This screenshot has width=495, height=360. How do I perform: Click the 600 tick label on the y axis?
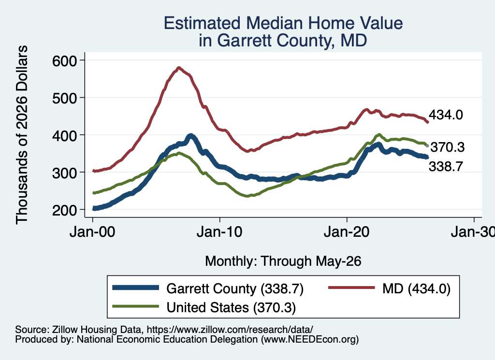pos(64,60)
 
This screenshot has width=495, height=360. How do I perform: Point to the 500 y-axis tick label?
pos(64,98)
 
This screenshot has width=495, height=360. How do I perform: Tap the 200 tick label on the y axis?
pos(64,210)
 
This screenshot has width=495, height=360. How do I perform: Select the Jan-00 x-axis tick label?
pos(92,232)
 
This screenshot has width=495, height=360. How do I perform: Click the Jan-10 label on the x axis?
pos(219,232)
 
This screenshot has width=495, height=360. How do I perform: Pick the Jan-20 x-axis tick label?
pos(347,232)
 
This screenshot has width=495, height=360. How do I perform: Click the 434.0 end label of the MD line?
pos(446,115)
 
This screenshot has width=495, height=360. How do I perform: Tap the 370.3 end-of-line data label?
pos(448,147)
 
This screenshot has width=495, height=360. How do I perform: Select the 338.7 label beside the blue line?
pos(446,166)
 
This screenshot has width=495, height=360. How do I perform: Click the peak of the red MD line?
pos(179,68)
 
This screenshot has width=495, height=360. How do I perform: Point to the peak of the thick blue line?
pos(190,136)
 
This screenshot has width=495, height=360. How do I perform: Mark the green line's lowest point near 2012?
pos(247,196)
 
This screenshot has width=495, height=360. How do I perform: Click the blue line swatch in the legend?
pos(135,288)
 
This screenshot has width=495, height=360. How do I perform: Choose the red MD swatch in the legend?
pos(351,288)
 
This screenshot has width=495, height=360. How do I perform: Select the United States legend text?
pos(208,308)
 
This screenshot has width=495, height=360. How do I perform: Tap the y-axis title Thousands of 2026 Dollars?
pos(22,135)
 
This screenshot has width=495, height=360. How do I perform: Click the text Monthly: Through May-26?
pos(283,261)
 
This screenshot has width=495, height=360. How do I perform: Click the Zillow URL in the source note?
pos(230,330)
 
